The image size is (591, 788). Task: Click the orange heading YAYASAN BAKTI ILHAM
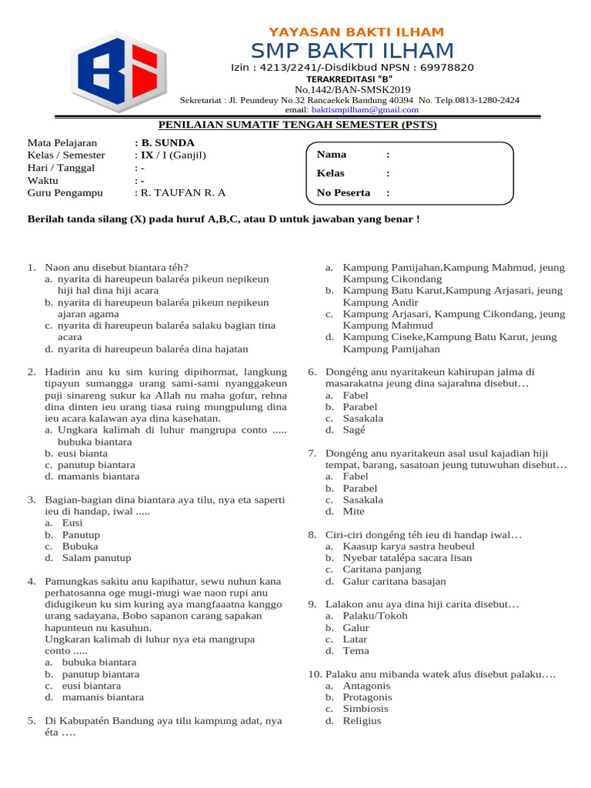(x=356, y=32)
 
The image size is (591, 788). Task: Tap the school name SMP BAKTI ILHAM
(x=352, y=52)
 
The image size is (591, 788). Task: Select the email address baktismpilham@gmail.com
(x=358, y=110)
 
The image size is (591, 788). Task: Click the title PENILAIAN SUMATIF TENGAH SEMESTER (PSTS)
(x=297, y=125)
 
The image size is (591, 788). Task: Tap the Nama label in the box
(x=332, y=155)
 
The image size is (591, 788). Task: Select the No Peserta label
(x=343, y=193)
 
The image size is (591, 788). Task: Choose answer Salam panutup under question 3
(x=96, y=558)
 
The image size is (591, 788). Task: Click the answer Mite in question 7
(x=354, y=512)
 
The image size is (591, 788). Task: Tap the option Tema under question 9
(x=356, y=651)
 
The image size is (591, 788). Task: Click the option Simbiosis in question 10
(x=366, y=709)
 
